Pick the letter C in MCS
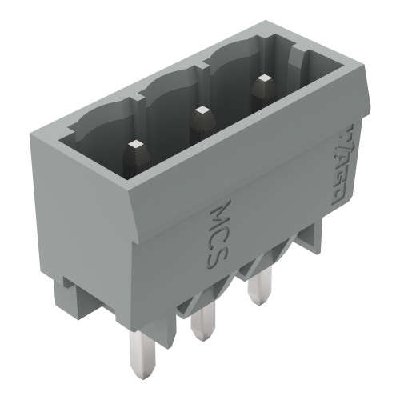pyautogui.click(x=222, y=230)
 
